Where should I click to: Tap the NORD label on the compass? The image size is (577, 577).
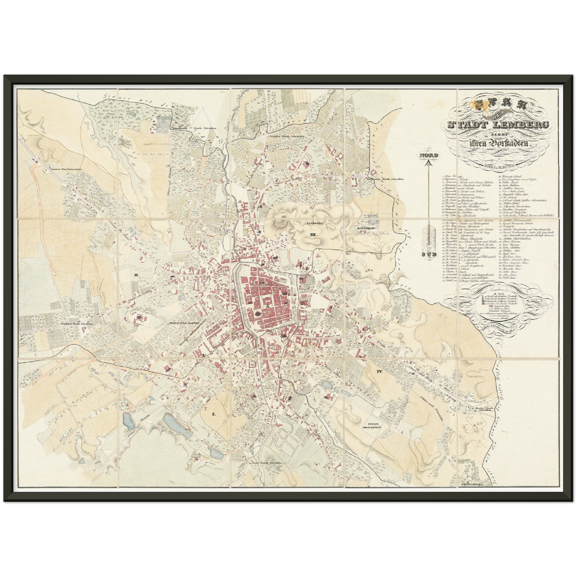(x=428, y=155)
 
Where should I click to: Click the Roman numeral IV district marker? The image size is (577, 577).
(x=379, y=371)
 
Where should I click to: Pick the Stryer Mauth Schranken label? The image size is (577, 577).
(x=260, y=463)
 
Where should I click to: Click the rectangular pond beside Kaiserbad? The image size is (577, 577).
(x=374, y=219)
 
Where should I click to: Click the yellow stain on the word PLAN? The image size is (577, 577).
(x=478, y=105)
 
